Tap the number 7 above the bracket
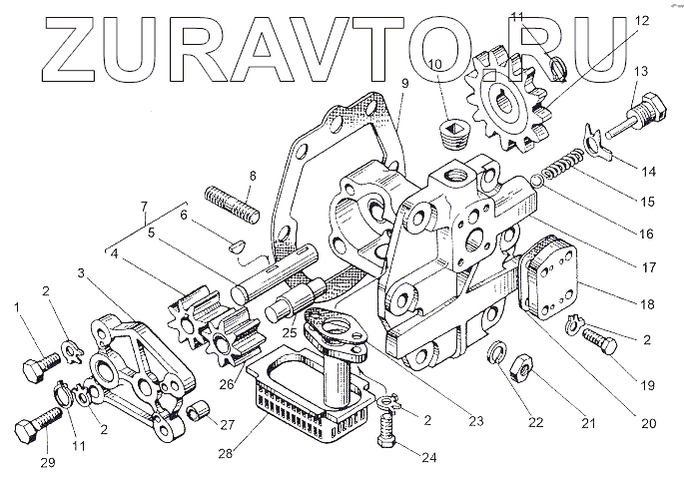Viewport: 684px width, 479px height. point(146,208)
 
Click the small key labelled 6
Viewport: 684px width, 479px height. point(238,240)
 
